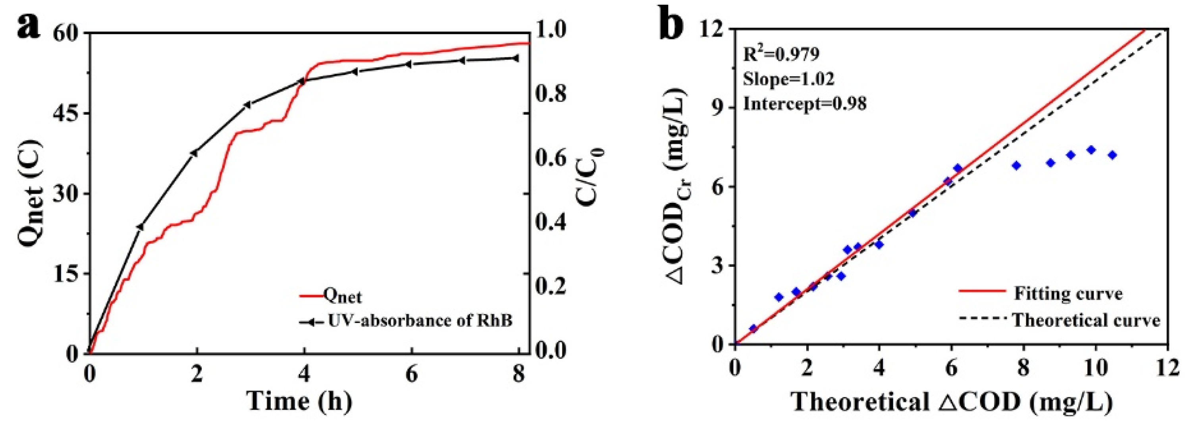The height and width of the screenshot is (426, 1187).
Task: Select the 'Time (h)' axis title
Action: tap(299, 401)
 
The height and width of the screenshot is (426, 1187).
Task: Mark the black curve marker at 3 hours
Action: tap(247, 105)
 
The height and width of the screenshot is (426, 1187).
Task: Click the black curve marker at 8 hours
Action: tap(515, 58)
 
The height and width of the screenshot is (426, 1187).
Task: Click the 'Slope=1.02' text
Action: tap(788, 79)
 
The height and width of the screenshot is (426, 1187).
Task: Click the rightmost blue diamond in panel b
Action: tap(1112, 155)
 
